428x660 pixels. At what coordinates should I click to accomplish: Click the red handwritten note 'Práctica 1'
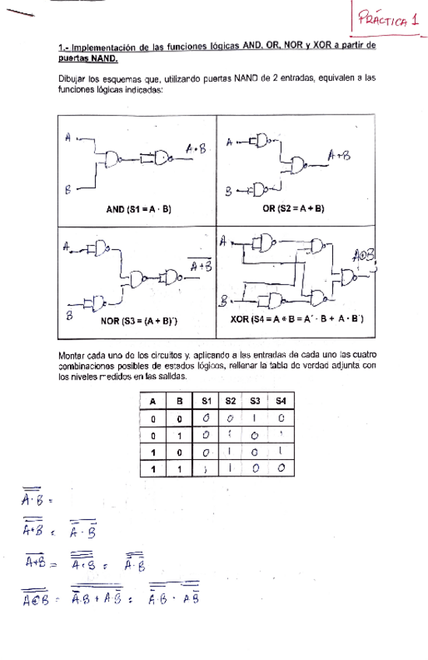[388, 21]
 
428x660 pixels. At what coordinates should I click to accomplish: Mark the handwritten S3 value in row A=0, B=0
[254, 418]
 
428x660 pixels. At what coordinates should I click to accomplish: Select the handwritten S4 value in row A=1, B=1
[280, 469]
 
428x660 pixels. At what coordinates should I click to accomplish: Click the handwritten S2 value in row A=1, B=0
[230, 451]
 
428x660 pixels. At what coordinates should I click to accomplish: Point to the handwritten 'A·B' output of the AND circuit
[195, 148]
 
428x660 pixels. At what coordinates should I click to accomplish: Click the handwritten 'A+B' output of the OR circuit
[340, 156]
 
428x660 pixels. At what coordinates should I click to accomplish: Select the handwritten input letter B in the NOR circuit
[69, 314]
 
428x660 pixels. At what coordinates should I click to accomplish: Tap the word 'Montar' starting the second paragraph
[72, 356]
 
